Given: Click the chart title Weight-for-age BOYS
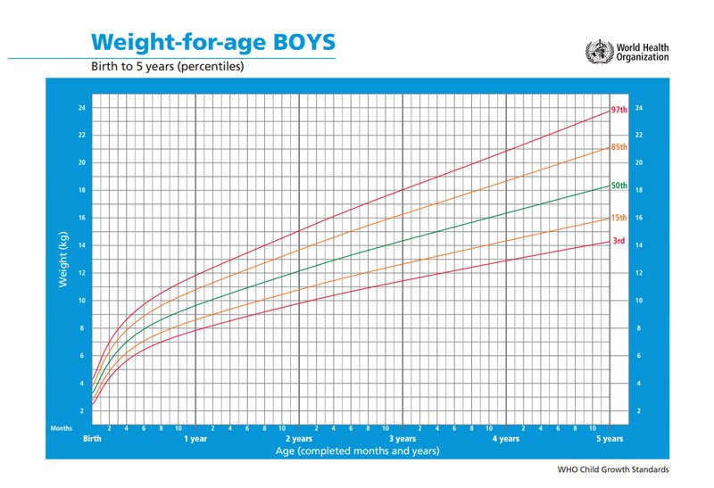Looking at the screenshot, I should tap(214, 42).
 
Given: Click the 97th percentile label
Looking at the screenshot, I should tap(619, 110).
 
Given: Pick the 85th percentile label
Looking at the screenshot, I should tap(619, 147).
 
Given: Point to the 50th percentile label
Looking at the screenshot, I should tap(619, 186).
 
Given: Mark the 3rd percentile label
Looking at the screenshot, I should tap(618, 241).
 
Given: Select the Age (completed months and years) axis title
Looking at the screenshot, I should tap(357, 451).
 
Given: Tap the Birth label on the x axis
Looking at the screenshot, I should tap(92, 439).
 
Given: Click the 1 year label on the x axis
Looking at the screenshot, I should tap(195, 439).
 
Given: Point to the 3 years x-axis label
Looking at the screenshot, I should tap(403, 439).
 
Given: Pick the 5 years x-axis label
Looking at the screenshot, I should tap(610, 439).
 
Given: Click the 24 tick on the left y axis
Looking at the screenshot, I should tap(80, 108).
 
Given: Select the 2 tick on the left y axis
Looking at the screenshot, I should tap(82, 410).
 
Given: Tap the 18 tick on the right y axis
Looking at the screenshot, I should tap(639, 190).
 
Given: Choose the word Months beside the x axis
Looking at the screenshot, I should tap(61, 428).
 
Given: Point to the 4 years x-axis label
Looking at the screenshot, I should tap(506, 439).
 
